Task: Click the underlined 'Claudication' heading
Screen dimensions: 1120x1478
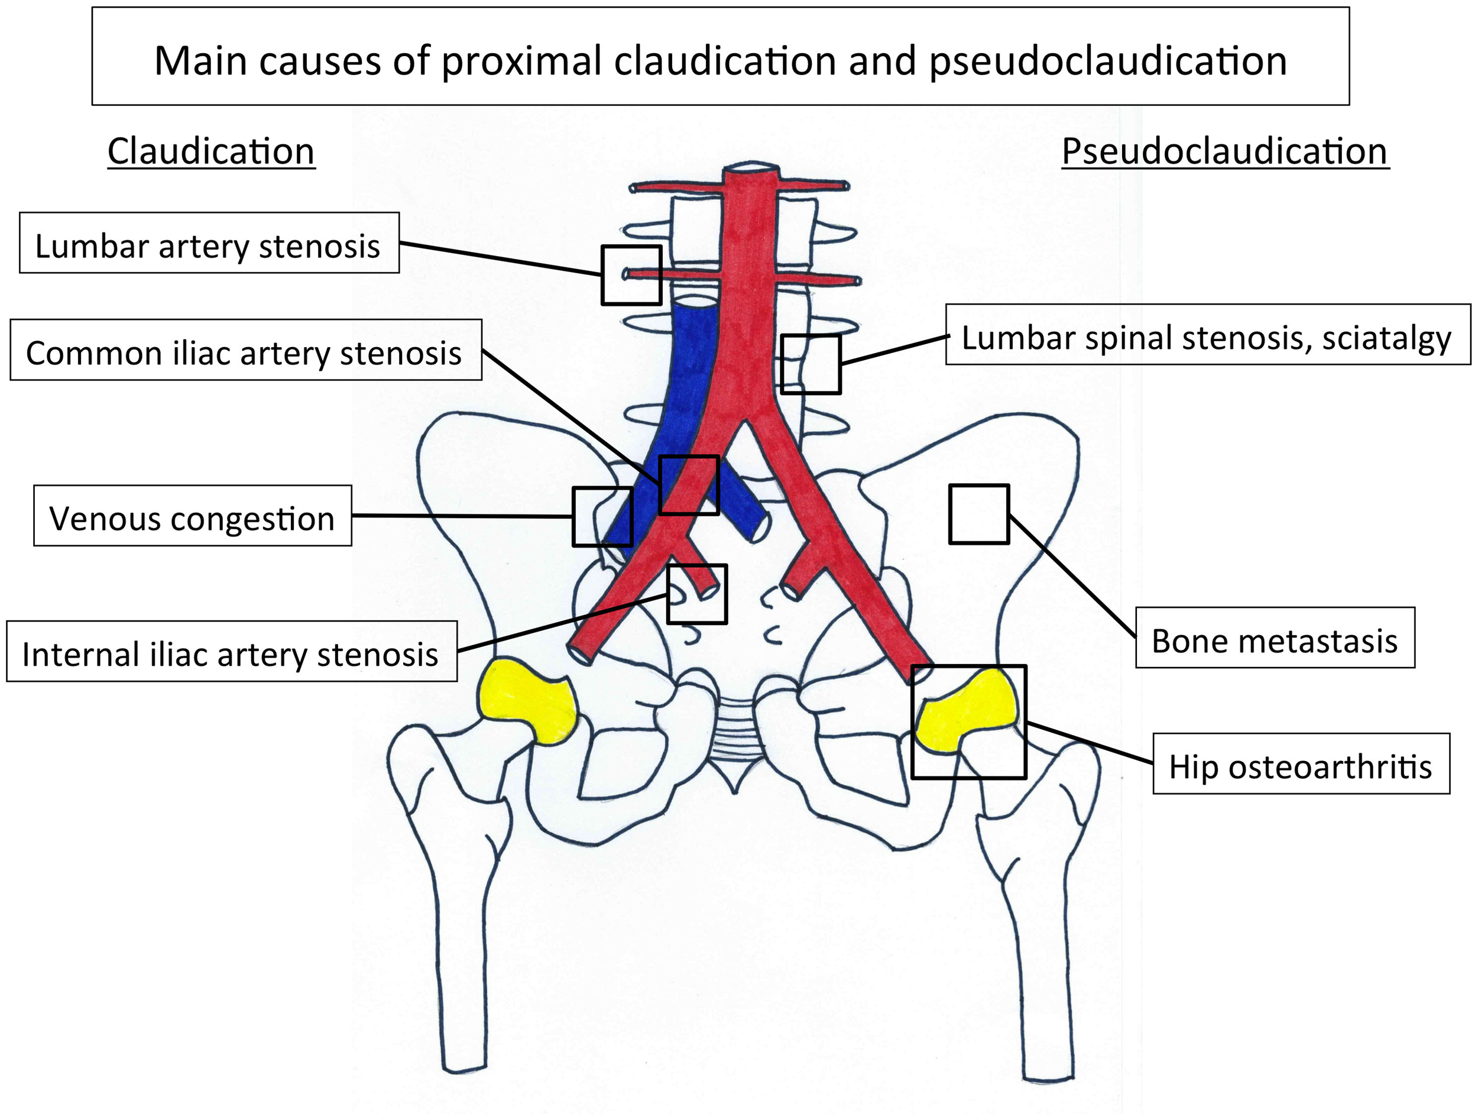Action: click(211, 151)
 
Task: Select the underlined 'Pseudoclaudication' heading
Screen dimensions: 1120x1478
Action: click(1225, 151)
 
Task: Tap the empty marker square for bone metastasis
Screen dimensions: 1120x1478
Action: click(979, 514)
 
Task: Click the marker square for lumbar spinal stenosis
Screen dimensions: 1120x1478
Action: click(811, 364)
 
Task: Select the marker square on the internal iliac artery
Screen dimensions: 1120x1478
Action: click(698, 594)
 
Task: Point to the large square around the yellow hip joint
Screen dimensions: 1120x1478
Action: click(969, 721)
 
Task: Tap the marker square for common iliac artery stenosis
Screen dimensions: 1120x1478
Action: click(689, 485)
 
